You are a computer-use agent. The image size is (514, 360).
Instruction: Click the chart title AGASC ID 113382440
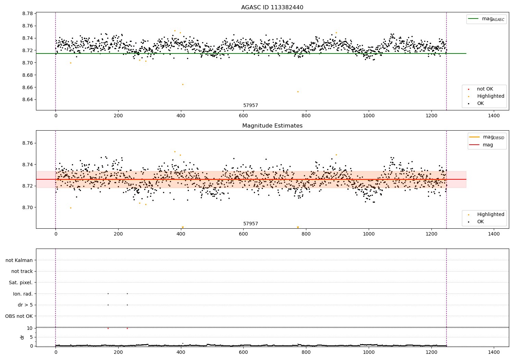tap(272, 8)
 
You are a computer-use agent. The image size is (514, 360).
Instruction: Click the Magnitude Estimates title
tap(272, 126)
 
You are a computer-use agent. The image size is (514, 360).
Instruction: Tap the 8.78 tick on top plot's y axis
tap(28, 14)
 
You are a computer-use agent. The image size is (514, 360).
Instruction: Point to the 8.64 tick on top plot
tap(28, 100)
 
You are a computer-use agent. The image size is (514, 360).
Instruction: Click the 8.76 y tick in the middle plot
tap(28, 143)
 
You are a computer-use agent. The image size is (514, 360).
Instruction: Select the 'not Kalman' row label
tap(19, 261)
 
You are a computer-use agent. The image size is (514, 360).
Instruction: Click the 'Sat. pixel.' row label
tap(21, 283)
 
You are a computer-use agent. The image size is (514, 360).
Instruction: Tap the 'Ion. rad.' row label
tap(23, 294)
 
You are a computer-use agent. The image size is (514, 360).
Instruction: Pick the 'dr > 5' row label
tap(25, 305)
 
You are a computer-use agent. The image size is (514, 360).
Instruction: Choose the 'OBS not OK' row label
tap(19, 316)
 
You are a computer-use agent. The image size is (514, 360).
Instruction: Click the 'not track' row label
tap(22, 272)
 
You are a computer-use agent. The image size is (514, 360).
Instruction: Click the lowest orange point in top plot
tap(298, 92)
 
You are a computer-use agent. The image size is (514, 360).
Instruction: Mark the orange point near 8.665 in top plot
tap(183, 84)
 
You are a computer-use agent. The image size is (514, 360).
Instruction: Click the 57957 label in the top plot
tap(250, 106)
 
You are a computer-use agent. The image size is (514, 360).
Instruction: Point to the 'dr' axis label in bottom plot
tap(22, 337)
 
